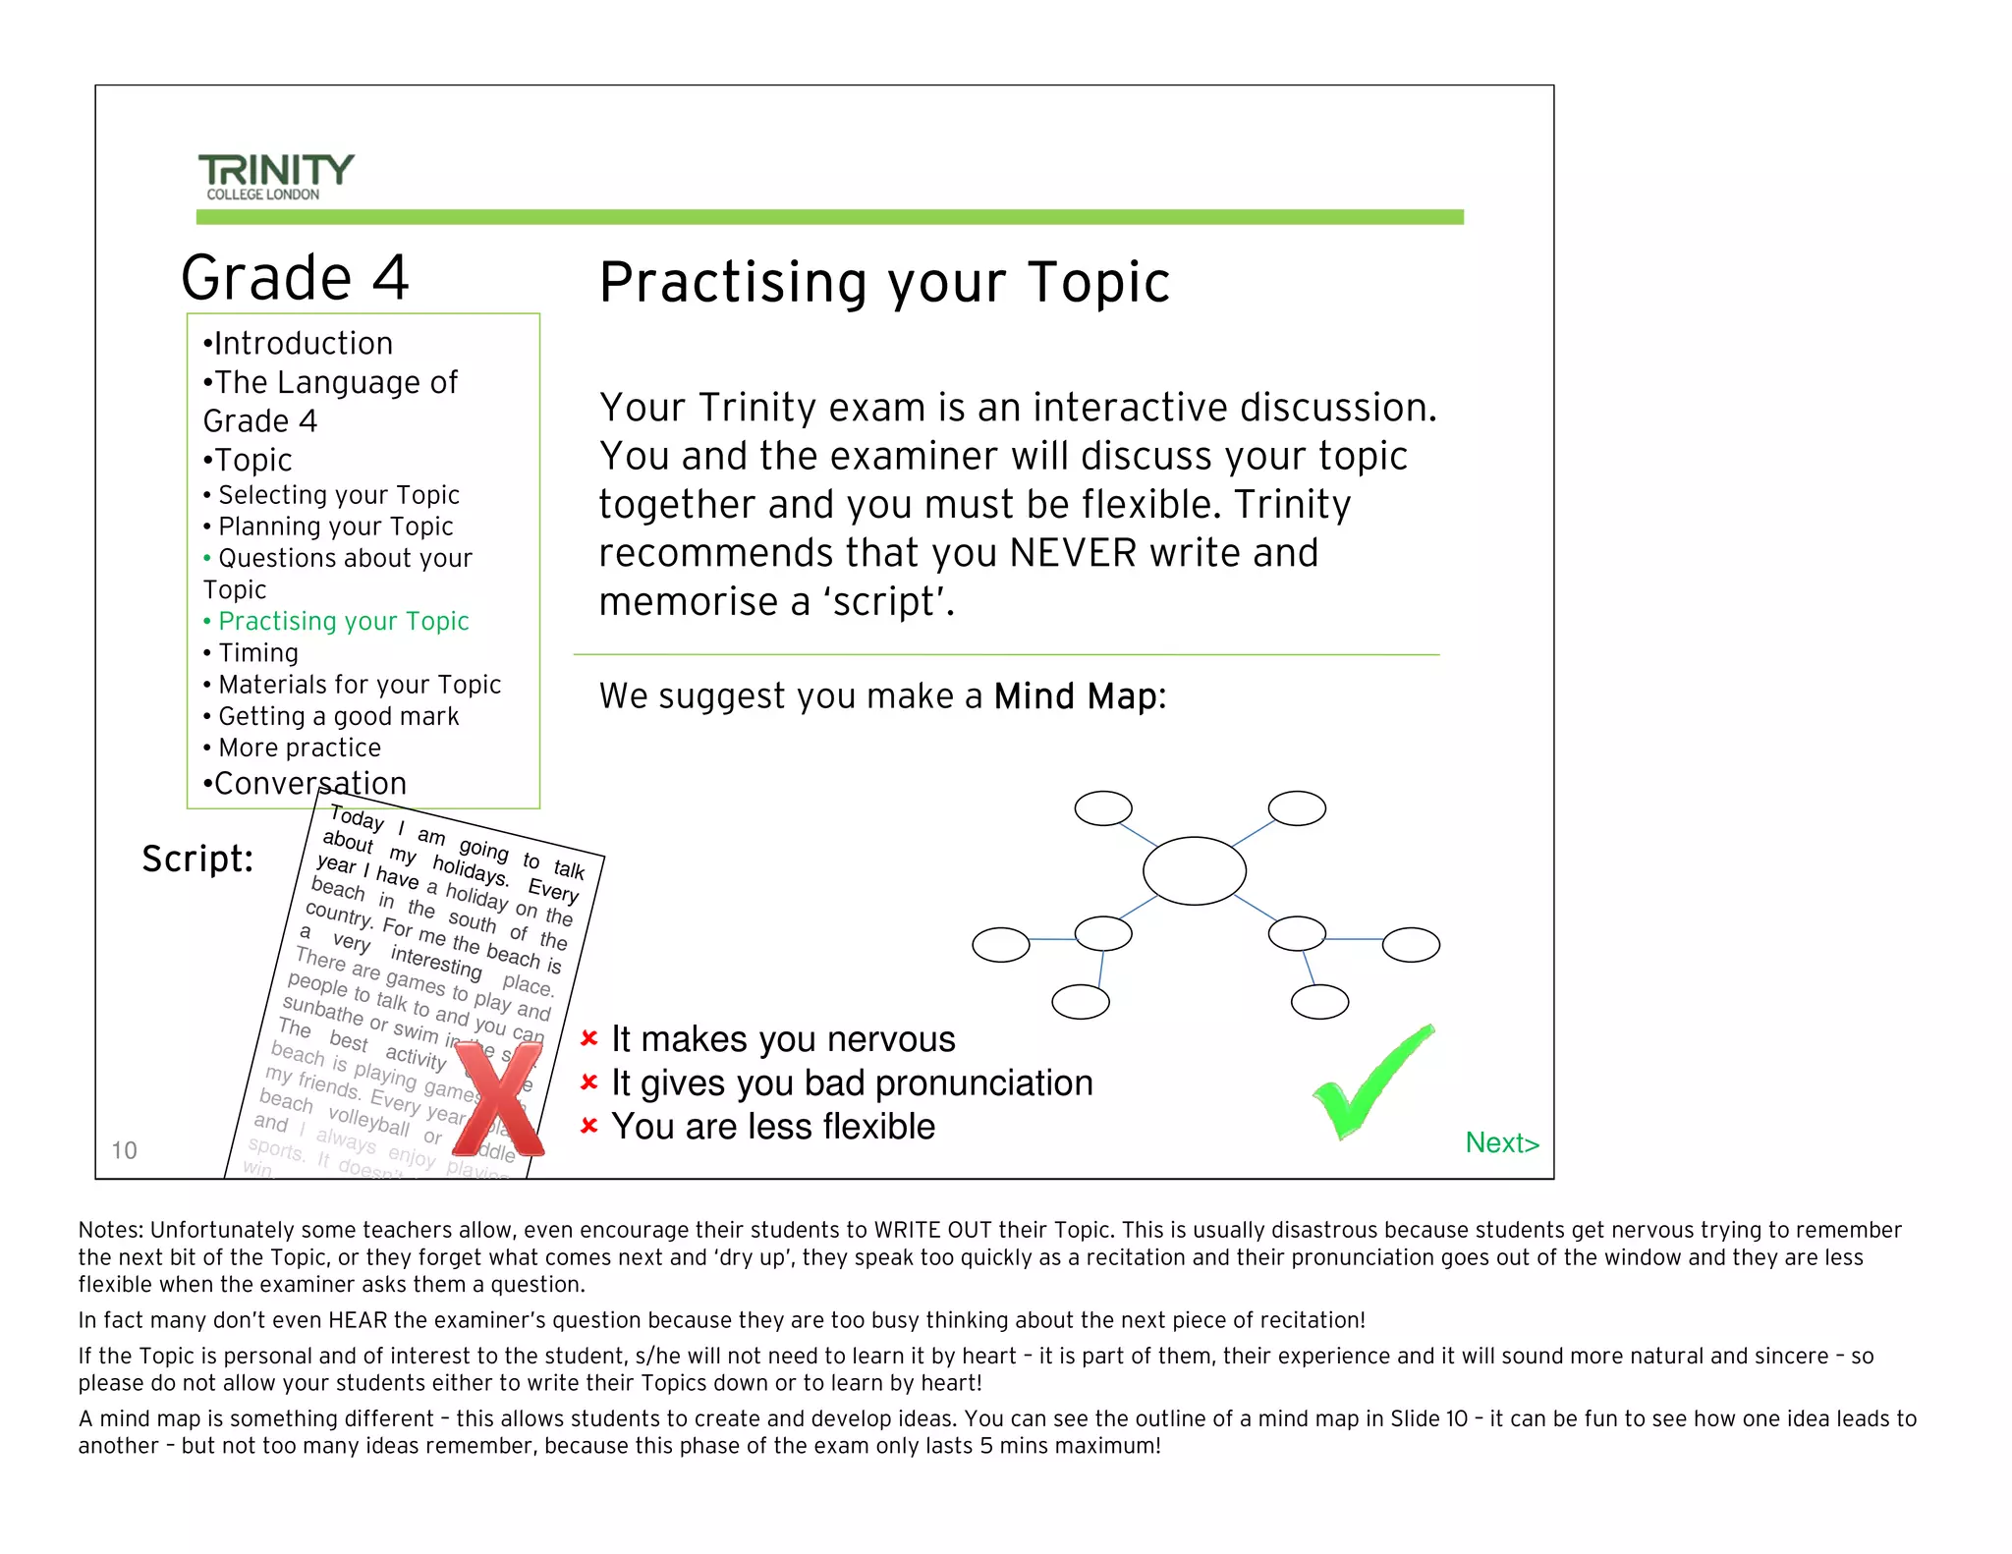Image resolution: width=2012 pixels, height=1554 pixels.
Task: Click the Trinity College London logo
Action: (275, 177)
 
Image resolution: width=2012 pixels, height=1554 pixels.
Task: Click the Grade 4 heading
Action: (295, 277)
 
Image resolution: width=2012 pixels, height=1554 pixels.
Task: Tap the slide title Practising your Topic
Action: (884, 283)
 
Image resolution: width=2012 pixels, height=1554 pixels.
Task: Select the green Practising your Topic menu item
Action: (343, 621)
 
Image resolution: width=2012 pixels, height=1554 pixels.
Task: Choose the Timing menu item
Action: (257, 653)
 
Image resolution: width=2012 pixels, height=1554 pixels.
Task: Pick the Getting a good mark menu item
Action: (338, 716)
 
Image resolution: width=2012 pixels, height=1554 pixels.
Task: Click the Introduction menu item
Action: (303, 343)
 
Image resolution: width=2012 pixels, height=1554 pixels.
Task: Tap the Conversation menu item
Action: (309, 783)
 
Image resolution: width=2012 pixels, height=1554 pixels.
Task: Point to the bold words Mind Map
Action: (1075, 696)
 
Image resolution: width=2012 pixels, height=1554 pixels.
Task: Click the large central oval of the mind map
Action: (1194, 870)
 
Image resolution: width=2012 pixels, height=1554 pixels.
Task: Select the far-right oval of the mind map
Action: (1411, 944)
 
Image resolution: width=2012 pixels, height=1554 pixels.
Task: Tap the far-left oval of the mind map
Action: (1000, 945)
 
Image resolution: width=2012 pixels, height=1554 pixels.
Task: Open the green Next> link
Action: (1501, 1142)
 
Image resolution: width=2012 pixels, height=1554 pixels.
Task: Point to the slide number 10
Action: (124, 1150)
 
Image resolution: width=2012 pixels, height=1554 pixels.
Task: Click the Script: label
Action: (197, 859)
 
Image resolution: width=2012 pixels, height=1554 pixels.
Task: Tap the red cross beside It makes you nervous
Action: (589, 1038)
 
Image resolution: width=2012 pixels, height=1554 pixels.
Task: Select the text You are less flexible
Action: (773, 1127)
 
